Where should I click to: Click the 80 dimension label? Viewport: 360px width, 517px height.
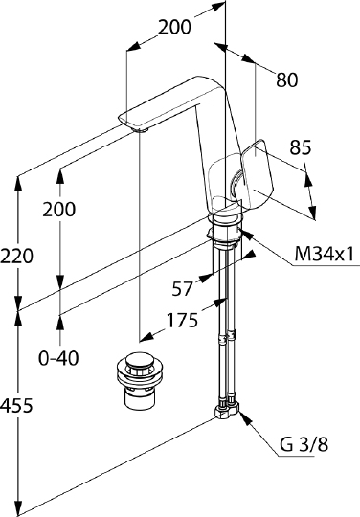click(287, 79)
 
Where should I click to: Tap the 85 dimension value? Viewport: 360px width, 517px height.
click(301, 147)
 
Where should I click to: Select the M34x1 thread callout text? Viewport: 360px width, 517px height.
click(324, 255)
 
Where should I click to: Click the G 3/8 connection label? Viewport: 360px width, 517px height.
click(304, 444)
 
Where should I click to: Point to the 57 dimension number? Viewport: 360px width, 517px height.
click(182, 289)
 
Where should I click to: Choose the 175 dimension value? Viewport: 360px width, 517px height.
click(182, 320)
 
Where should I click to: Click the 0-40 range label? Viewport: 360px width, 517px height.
click(58, 358)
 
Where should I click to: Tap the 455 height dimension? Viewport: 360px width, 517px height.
click(16, 405)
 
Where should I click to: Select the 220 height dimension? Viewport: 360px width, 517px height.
click(16, 256)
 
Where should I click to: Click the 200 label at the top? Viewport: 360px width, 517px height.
click(174, 27)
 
